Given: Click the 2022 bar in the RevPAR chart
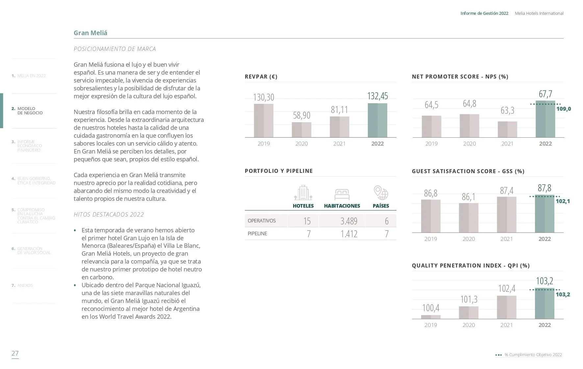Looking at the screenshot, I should click(x=377, y=120).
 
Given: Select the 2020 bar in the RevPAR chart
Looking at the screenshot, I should click(x=301, y=130).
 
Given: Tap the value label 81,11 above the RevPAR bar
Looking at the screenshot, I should click(x=339, y=109).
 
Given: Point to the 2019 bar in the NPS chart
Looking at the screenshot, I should click(x=431, y=127).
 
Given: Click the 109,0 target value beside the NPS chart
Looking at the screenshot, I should click(x=564, y=109).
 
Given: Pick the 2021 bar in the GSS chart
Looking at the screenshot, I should click(x=507, y=215).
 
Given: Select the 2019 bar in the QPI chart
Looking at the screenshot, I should click(x=431, y=317).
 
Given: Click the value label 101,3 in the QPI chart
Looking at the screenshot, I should click(x=469, y=299).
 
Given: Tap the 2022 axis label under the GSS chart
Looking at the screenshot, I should click(x=545, y=239).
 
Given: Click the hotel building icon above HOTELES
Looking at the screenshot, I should click(x=303, y=193).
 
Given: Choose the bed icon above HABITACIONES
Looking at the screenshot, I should click(x=342, y=194).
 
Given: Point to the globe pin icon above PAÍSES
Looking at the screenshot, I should click(x=381, y=193).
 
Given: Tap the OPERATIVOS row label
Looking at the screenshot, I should click(x=262, y=221).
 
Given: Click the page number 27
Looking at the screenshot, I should click(x=15, y=353).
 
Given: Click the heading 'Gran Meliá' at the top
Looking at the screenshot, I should click(x=90, y=33).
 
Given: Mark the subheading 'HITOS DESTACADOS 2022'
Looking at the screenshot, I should click(x=109, y=215).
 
